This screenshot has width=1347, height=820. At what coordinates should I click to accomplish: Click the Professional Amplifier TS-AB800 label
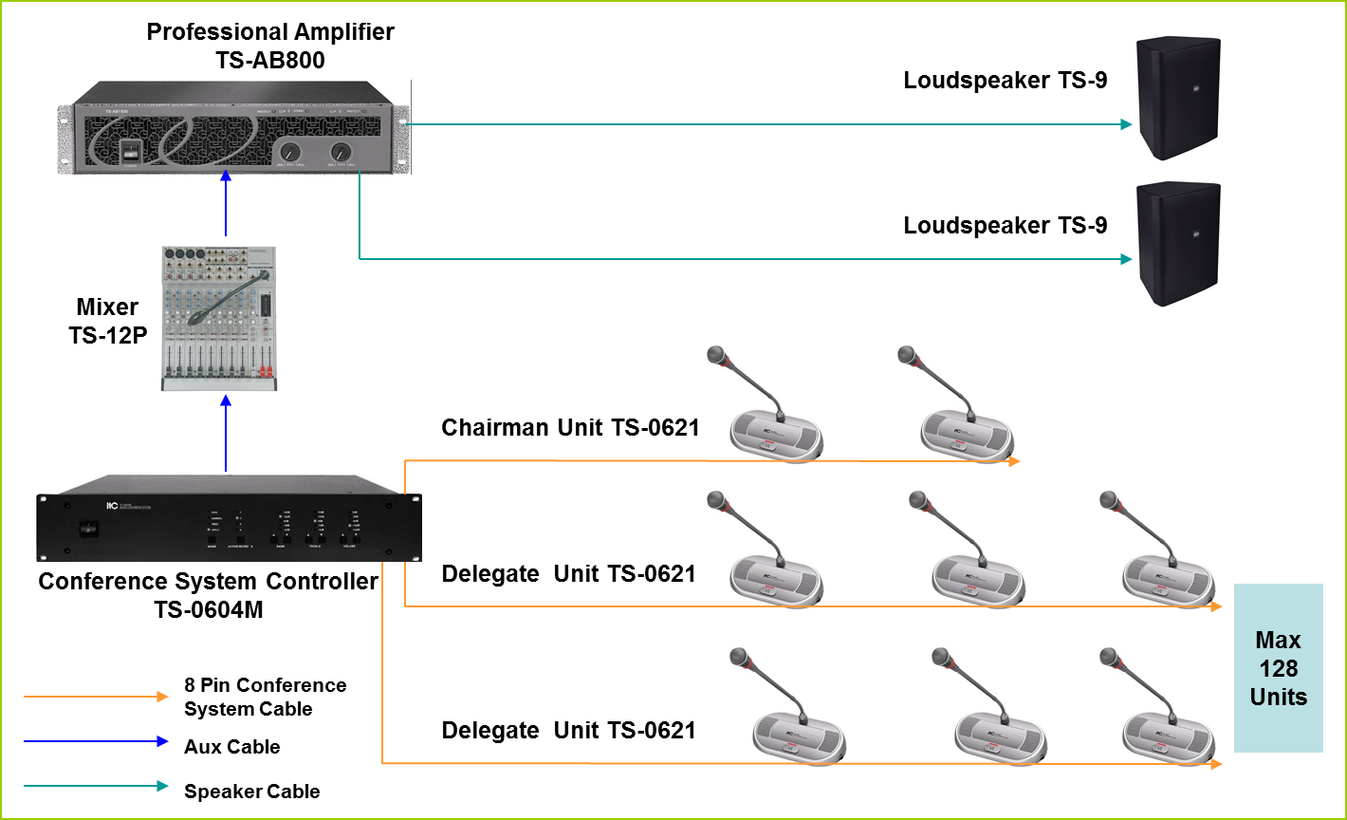(270, 47)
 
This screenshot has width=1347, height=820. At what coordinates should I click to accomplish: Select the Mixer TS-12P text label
(108, 321)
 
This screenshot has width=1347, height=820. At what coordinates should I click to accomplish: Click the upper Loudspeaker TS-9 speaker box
(1179, 98)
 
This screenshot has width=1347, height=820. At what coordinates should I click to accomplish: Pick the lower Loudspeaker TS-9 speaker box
(1179, 244)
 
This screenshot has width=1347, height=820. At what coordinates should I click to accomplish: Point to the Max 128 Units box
(1278, 668)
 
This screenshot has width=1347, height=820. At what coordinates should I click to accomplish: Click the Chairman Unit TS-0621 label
(570, 428)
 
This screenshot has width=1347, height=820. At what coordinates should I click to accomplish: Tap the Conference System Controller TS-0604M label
(209, 595)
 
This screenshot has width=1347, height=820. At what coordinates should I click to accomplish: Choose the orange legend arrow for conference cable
(96, 697)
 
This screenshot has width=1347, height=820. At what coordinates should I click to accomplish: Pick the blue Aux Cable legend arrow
(96, 741)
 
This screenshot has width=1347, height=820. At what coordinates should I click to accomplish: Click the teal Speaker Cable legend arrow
(96, 786)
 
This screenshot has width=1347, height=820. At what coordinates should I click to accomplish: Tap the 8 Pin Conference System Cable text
(265, 697)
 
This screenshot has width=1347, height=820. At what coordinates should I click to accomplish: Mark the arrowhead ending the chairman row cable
(1014, 461)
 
